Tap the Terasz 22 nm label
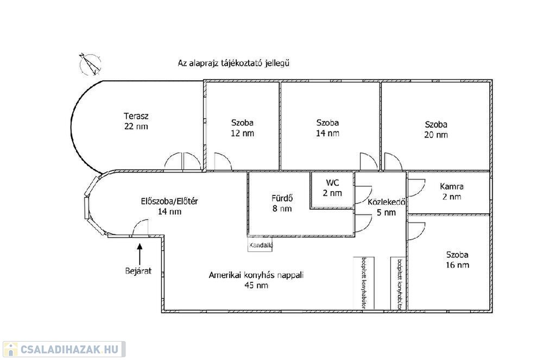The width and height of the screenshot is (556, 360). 136,121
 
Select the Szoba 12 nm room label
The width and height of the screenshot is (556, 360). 242,128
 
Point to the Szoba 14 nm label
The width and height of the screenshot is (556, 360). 327,128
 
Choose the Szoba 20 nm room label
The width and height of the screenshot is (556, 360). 436,129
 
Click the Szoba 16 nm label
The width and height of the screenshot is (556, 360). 457,260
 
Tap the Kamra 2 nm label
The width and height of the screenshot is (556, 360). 451,191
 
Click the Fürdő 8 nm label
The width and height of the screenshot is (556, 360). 282,203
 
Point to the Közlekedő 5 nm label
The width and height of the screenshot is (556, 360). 387,207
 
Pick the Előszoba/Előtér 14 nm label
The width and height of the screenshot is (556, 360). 169,206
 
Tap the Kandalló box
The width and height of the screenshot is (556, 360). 261,245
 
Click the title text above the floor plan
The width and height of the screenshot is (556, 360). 233,63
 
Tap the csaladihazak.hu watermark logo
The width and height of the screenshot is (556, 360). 64,349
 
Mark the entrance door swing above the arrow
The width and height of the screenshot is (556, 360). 140,228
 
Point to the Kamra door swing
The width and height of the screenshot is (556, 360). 415,187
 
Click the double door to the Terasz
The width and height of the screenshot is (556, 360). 175,161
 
